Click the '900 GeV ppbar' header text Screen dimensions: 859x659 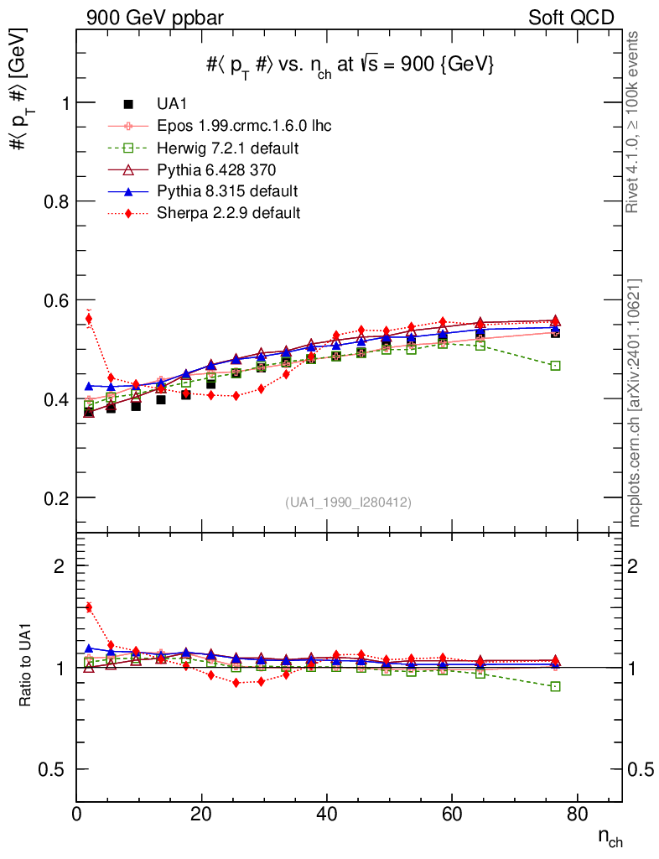click(155, 18)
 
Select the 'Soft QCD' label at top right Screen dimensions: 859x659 click(571, 18)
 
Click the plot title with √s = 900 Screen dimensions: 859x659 click(350, 65)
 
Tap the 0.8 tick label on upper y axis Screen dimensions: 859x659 click(56, 201)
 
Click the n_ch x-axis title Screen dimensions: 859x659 click(610, 838)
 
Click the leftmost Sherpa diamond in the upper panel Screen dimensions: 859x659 click(89, 319)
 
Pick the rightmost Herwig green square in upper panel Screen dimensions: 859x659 click(555, 366)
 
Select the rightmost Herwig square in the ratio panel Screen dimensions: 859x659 click(555, 686)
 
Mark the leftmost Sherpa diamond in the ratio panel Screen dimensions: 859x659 click(89, 607)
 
